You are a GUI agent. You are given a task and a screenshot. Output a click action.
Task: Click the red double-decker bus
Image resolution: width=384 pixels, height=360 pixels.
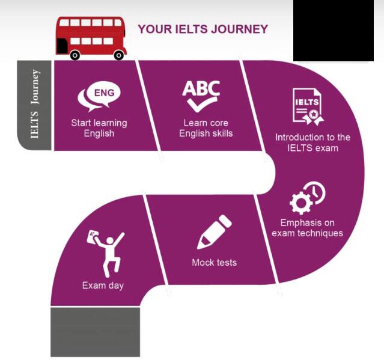tap(91, 37)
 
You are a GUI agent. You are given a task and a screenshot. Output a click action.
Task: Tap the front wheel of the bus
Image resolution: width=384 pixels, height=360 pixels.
tap(75, 55)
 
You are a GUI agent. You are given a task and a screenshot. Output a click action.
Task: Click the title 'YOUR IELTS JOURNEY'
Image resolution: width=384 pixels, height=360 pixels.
tap(203, 29)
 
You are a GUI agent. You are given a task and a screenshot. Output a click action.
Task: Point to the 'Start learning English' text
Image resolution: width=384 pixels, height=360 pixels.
tap(99, 128)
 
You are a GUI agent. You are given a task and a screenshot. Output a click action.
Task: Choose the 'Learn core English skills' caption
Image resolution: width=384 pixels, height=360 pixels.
tap(206, 128)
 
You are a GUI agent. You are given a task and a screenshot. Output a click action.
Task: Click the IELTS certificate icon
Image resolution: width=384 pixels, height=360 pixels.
tap(306, 106)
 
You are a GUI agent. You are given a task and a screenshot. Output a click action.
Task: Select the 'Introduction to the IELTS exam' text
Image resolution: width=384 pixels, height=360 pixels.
tap(312, 142)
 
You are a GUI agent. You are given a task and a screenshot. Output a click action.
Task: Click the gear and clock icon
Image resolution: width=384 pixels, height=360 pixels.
tap(307, 199)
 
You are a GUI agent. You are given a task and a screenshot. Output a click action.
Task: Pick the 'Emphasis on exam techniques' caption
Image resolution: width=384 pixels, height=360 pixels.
tap(307, 228)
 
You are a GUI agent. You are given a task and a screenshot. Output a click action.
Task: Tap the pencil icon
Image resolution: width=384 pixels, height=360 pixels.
tap(214, 232)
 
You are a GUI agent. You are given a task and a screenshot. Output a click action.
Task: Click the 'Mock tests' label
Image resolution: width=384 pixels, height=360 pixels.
tap(214, 263)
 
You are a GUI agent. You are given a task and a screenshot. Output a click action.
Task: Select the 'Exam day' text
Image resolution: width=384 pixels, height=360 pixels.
tap(103, 285)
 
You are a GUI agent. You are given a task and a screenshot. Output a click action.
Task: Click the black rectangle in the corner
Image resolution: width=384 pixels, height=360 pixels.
tap(338, 30)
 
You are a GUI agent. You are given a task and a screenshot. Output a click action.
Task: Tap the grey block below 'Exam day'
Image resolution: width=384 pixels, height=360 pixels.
tap(95, 331)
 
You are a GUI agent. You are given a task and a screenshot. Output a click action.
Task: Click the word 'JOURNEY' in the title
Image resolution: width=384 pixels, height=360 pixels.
tap(240, 29)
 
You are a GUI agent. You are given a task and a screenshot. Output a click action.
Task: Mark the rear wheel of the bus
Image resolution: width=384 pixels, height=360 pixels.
tap(118, 55)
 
